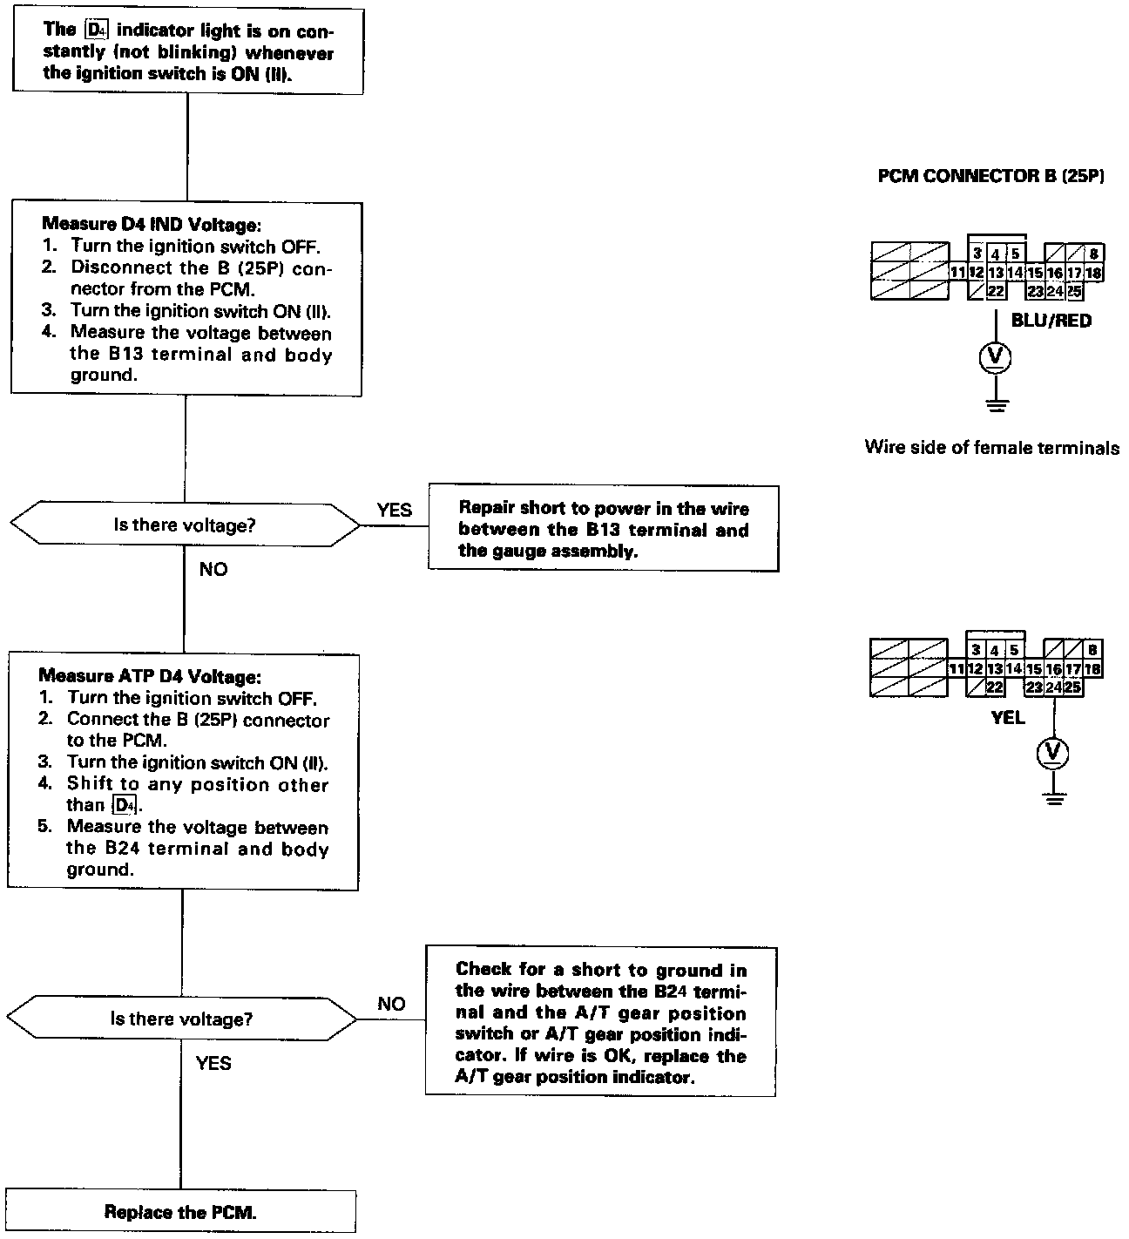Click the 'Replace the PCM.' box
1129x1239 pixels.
click(x=180, y=1211)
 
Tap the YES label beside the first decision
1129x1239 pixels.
click(x=394, y=510)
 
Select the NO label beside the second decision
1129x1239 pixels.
click(x=391, y=1004)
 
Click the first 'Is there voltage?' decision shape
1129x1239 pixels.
click(x=184, y=525)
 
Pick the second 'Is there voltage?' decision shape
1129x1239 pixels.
click(x=181, y=1019)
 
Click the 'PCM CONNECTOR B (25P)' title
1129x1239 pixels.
click(x=991, y=176)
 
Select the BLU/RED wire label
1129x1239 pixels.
click(x=1051, y=321)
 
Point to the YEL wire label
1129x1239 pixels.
click(x=1008, y=718)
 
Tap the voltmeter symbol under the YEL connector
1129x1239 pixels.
click(x=1053, y=753)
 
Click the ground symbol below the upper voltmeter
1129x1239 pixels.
click(x=996, y=403)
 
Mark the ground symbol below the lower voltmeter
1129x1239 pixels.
click(x=1053, y=796)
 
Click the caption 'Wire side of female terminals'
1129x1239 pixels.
click(x=991, y=448)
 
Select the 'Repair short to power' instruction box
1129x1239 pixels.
click(x=603, y=529)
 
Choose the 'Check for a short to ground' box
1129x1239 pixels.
click(x=600, y=1022)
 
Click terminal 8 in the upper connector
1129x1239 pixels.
click(x=1094, y=254)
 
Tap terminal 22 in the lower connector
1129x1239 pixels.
click(x=994, y=687)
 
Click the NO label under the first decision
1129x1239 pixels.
click(x=213, y=569)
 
